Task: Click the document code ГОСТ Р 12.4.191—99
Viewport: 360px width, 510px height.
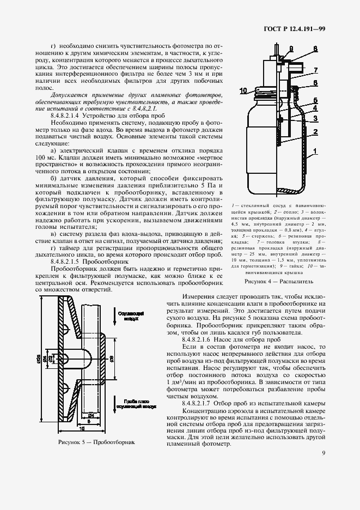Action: click(x=295, y=28)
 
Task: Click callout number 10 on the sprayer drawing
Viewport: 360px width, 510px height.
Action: click(x=243, y=90)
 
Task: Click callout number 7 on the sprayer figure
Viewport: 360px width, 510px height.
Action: click(x=315, y=70)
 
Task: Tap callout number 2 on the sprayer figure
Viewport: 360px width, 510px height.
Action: click(x=315, y=132)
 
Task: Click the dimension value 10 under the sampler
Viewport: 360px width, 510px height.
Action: click(x=80, y=429)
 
